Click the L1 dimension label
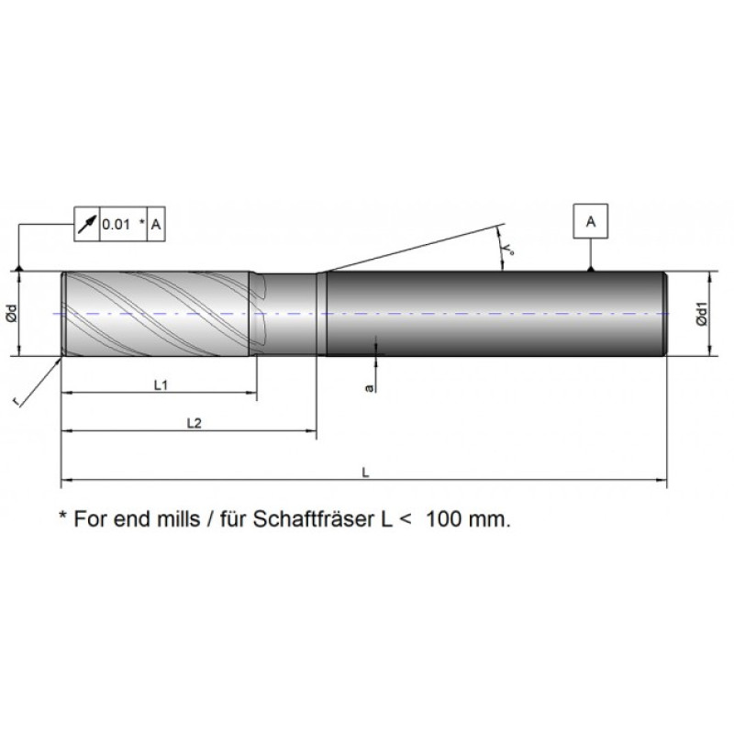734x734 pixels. pos(159,386)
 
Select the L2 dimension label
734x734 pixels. pos(193,423)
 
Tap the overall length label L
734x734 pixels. pos(365,473)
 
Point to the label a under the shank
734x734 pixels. pos(369,389)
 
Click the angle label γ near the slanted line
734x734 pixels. pos(507,247)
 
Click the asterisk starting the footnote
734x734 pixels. pos(62,516)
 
